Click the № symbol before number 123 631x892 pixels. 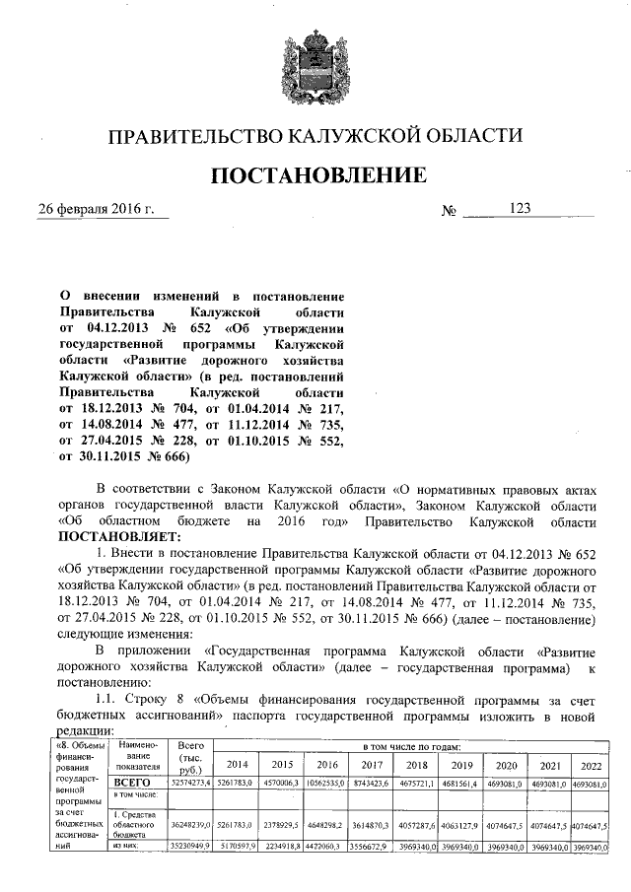pyautogui.click(x=450, y=211)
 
